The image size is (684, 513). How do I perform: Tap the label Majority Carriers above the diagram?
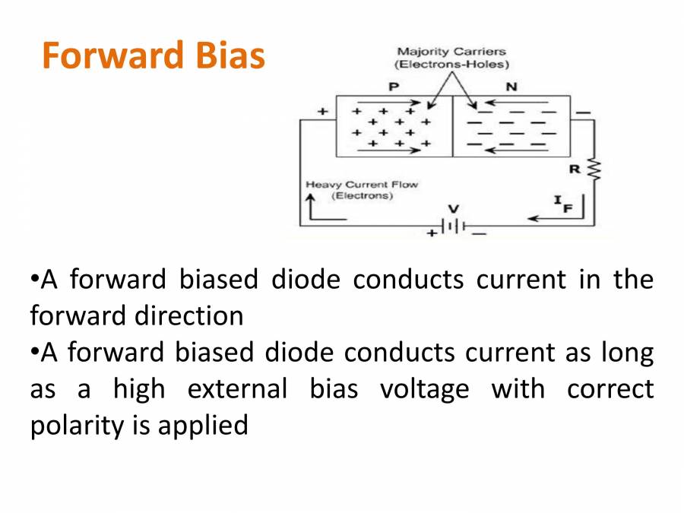coord(451,52)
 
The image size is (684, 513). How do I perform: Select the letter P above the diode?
coord(394,86)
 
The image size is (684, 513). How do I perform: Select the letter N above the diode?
coord(511,86)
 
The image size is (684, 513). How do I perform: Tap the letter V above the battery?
coord(453,207)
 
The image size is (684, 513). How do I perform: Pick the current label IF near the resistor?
coord(562,202)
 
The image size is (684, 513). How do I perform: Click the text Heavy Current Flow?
coord(361,185)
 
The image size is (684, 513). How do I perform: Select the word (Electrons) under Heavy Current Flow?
coord(363,196)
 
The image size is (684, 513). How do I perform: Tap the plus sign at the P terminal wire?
coord(323,112)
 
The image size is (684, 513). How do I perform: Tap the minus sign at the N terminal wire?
coord(583,112)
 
